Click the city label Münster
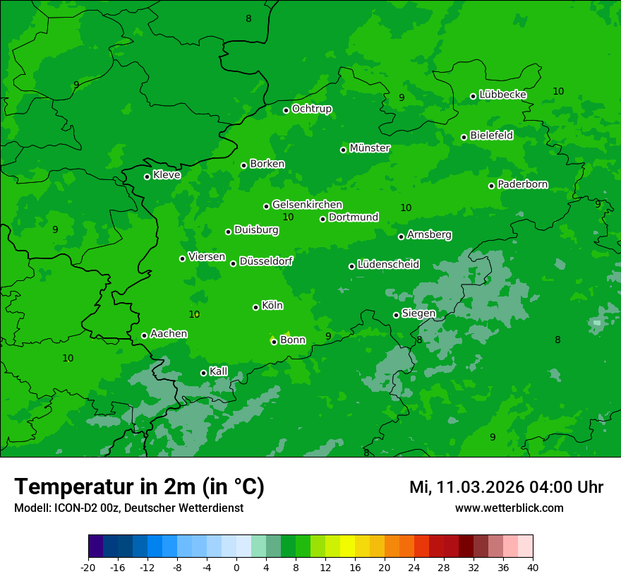point(370,148)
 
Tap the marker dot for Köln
point(256,307)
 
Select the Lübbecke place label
point(502,95)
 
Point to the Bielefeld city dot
point(464,137)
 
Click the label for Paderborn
point(522,184)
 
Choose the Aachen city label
point(169,334)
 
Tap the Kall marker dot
point(204,373)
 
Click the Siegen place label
point(418,313)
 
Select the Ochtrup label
point(311,109)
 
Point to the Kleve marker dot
point(147,177)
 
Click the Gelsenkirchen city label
point(307,205)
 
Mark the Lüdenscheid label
point(388,265)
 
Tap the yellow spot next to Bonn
point(287,334)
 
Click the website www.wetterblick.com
point(509,508)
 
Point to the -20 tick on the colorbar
point(88,568)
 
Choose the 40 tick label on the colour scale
point(533,568)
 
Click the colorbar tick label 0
point(236,568)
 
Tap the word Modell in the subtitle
point(31,508)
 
